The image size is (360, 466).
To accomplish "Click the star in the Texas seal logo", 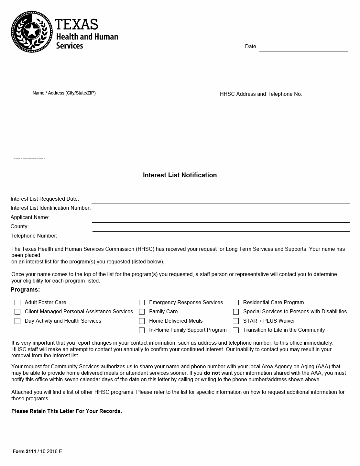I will click(32, 31).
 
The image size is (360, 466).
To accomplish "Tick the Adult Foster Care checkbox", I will click(17, 302).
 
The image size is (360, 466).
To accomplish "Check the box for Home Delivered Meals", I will click(142, 321).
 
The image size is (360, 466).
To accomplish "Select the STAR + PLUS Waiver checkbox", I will click(236, 321).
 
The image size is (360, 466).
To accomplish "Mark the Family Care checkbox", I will click(142, 312).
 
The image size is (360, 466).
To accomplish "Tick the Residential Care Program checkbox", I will click(236, 302).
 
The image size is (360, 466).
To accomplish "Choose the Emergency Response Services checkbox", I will click(142, 302).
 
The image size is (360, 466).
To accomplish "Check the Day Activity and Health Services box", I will click(17, 321).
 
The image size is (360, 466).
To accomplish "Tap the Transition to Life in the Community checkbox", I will click(236, 330).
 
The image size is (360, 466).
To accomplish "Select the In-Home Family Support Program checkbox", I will click(142, 330).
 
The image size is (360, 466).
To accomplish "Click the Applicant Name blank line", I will click(221, 219).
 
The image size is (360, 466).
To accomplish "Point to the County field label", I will click(19, 227).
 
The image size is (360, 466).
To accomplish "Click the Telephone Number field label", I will click(34, 236).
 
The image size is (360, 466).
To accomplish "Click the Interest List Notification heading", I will click(180, 175).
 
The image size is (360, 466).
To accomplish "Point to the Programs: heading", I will click(25, 290).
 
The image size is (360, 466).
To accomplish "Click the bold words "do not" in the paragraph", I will click(212, 373).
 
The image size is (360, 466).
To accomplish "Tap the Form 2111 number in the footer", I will click(24, 451).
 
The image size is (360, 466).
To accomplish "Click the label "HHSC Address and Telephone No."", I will click(261, 94).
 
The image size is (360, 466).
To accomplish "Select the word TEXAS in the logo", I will click(76, 25).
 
